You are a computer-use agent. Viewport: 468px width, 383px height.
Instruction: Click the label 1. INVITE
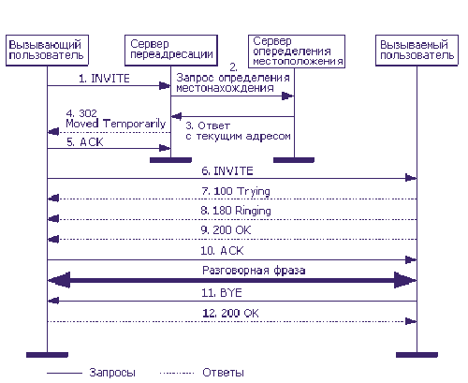tap(104, 79)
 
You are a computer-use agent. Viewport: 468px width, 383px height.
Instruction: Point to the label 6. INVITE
tap(227, 170)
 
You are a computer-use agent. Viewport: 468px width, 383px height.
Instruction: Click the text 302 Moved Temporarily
tap(116, 119)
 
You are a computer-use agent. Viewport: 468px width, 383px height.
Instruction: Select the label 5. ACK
tap(85, 142)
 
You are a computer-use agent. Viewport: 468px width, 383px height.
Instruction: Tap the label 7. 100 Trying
tap(236, 191)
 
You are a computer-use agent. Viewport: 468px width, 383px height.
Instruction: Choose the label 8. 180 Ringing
tap(236, 211)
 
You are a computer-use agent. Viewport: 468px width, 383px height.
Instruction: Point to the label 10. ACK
tap(222, 251)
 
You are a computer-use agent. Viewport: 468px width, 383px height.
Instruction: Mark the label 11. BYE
tap(222, 293)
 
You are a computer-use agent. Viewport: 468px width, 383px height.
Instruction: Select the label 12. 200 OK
tap(230, 313)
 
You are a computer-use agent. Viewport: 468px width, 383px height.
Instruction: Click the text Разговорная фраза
tap(254, 271)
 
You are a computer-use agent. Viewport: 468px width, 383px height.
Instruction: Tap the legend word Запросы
tap(112, 373)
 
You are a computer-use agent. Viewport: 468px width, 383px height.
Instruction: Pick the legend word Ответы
tap(223, 373)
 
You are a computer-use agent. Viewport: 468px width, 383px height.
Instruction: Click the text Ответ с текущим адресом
tap(238, 131)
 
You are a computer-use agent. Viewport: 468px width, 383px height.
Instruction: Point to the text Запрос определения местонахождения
tap(233, 82)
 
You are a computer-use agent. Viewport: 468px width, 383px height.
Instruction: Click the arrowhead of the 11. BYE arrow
tap(53, 301)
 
